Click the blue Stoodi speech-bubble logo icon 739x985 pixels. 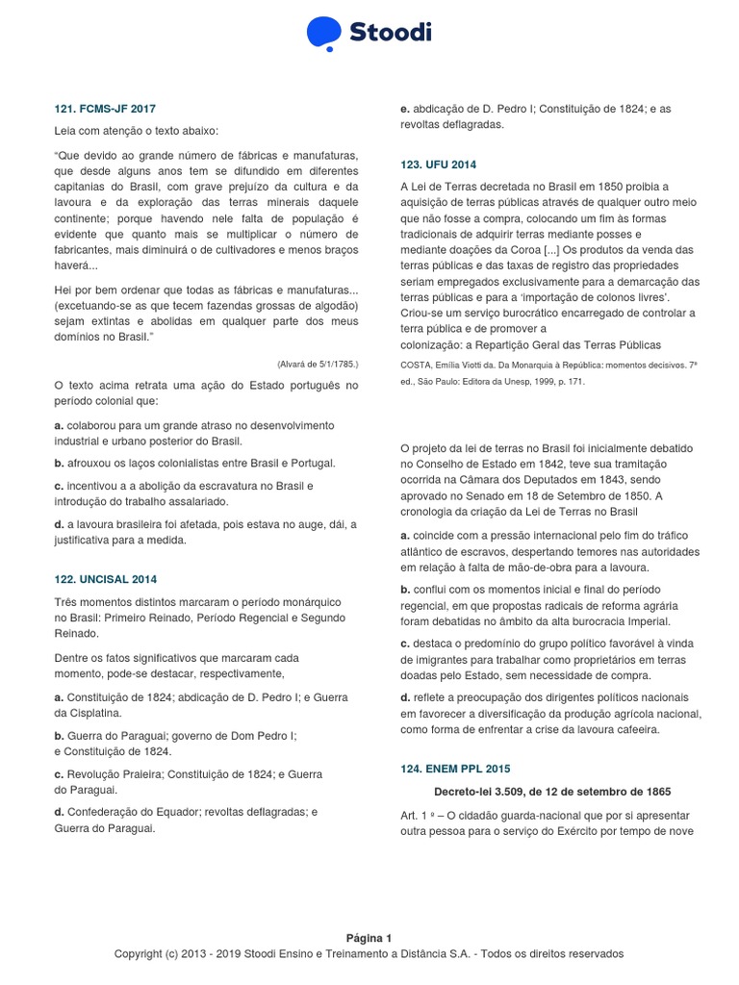[324, 33]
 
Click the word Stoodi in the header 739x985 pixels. [390, 34]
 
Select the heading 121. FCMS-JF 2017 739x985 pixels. [105, 109]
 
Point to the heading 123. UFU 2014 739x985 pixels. [438, 164]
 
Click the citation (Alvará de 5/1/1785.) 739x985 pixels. [317, 365]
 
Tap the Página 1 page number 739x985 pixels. [369, 938]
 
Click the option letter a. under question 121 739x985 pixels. [59, 424]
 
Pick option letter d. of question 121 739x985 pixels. [59, 523]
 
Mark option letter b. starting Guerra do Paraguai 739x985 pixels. [59, 736]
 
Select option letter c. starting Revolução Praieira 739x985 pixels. [59, 773]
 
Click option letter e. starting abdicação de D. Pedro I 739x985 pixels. [404, 109]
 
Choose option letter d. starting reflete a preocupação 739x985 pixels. [404, 696]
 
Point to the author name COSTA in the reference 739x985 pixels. [418, 366]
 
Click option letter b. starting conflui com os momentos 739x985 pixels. [404, 589]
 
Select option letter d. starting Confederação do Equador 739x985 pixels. [59, 811]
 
